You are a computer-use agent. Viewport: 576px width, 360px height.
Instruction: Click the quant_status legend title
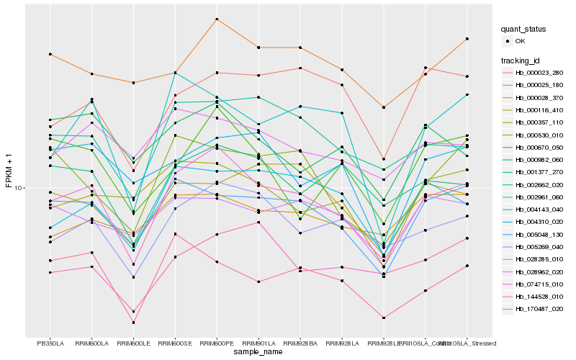pyautogui.click(x=523, y=29)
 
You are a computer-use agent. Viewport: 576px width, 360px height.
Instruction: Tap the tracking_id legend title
pyautogui.click(x=521, y=60)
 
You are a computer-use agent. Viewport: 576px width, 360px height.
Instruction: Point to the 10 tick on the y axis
pyautogui.click(x=19, y=188)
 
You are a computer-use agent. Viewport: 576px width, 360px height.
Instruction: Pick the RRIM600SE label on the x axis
pyautogui.click(x=175, y=343)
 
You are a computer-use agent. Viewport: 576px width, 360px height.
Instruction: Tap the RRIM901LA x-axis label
pyautogui.click(x=258, y=343)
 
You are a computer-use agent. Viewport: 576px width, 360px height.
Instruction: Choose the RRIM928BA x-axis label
pyautogui.click(x=300, y=343)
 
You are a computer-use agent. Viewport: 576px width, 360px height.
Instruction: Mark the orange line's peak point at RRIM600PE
pyautogui.click(x=217, y=19)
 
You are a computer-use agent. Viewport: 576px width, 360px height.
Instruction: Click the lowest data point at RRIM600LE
pyautogui.click(x=134, y=323)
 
